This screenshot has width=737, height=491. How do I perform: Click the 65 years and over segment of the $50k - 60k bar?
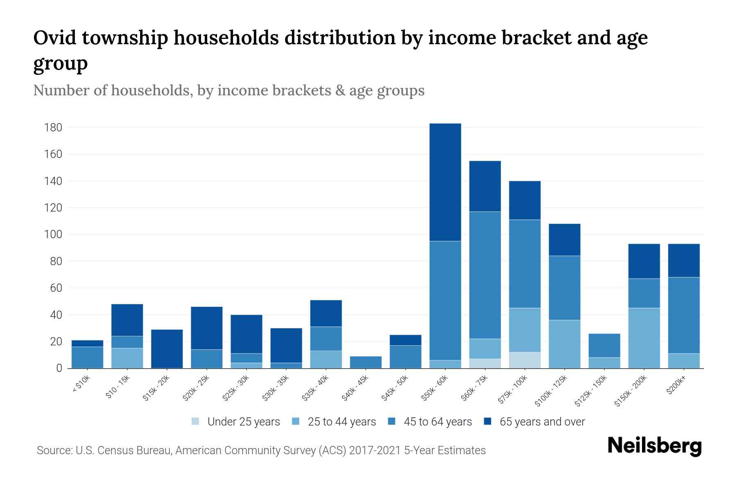(x=445, y=182)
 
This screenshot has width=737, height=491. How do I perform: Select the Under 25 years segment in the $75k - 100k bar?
(x=524, y=360)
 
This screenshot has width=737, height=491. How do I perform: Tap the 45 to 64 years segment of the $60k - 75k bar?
(x=485, y=275)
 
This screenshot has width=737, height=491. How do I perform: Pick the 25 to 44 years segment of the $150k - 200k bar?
(x=644, y=338)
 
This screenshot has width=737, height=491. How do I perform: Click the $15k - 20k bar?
(x=167, y=349)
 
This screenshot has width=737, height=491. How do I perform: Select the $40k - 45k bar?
(x=366, y=362)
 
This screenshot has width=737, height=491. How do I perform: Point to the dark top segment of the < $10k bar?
(x=87, y=343)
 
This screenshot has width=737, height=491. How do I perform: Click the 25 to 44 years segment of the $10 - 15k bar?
(x=127, y=358)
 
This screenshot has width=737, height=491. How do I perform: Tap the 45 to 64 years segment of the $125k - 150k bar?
(x=604, y=345)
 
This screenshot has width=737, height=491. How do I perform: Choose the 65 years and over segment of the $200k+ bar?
(x=683, y=260)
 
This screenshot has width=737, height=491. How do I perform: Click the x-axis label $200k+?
(x=676, y=386)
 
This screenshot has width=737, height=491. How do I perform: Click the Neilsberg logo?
(x=654, y=446)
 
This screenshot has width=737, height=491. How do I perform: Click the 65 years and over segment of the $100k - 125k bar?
(x=564, y=240)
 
